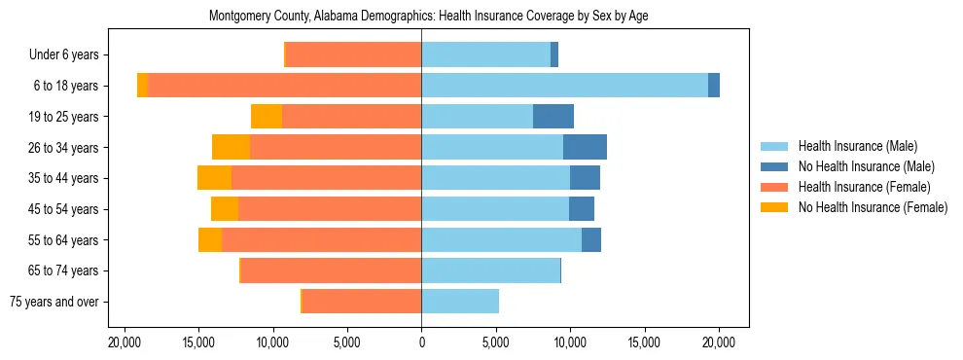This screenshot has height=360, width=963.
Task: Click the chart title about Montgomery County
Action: click(x=428, y=17)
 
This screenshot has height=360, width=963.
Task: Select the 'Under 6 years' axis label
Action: click(x=70, y=55)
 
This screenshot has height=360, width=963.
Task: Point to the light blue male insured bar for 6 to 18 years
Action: click(x=564, y=86)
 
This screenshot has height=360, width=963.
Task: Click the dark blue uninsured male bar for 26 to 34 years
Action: click(x=585, y=147)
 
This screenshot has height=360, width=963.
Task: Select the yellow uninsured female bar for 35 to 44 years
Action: click(x=214, y=178)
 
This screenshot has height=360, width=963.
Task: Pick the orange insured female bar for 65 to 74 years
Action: click(x=331, y=270)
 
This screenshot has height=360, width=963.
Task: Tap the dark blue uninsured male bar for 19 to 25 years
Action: click(x=553, y=117)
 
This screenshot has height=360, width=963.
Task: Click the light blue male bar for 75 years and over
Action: click(x=459, y=302)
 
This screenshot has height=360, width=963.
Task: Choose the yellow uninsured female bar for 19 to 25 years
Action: click(x=267, y=117)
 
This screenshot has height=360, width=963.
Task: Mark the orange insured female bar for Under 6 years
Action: click(x=353, y=55)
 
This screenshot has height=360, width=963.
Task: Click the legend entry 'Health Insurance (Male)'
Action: click(x=857, y=146)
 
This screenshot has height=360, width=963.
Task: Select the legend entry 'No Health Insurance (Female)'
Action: click(x=872, y=207)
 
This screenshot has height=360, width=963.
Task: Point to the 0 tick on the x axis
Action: click(x=421, y=342)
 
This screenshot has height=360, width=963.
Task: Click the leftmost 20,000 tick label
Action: click(x=124, y=342)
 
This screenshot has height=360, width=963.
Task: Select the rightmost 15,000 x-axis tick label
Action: click(x=644, y=342)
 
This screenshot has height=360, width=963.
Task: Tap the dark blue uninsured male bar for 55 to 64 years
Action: click(x=590, y=239)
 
